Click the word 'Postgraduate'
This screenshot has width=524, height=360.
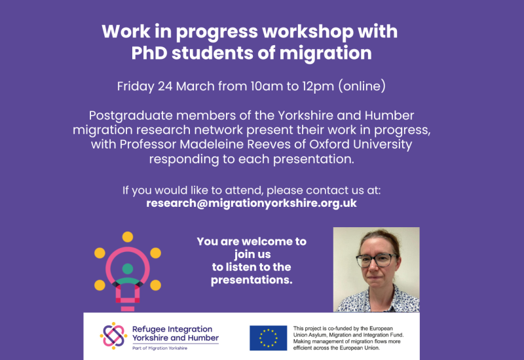(x=134, y=116)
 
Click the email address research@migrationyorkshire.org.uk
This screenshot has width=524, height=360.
(x=252, y=203)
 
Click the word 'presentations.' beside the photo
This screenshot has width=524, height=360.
(x=252, y=280)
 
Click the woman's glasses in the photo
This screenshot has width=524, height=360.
(x=377, y=260)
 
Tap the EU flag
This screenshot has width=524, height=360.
(x=268, y=338)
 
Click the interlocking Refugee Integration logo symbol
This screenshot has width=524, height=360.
(x=113, y=335)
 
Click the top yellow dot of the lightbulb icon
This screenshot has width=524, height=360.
(x=128, y=236)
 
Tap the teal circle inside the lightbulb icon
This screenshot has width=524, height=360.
(x=127, y=268)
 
